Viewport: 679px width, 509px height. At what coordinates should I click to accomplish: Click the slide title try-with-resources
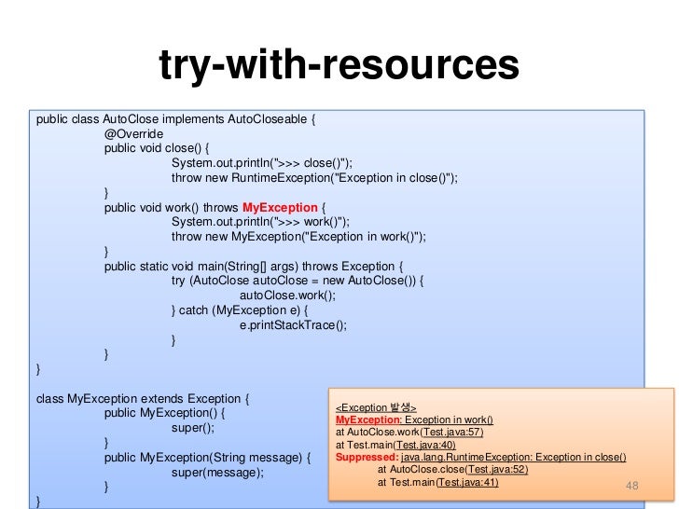(x=339, y=64)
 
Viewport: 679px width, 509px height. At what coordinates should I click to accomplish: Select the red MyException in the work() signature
(x=280, y=207)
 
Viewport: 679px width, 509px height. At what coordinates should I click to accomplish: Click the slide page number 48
(x=632, y=488)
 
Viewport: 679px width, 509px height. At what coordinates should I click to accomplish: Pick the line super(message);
(x=217, y=473)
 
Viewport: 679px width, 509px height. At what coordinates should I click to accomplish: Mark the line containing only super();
(x=193, y=428)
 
